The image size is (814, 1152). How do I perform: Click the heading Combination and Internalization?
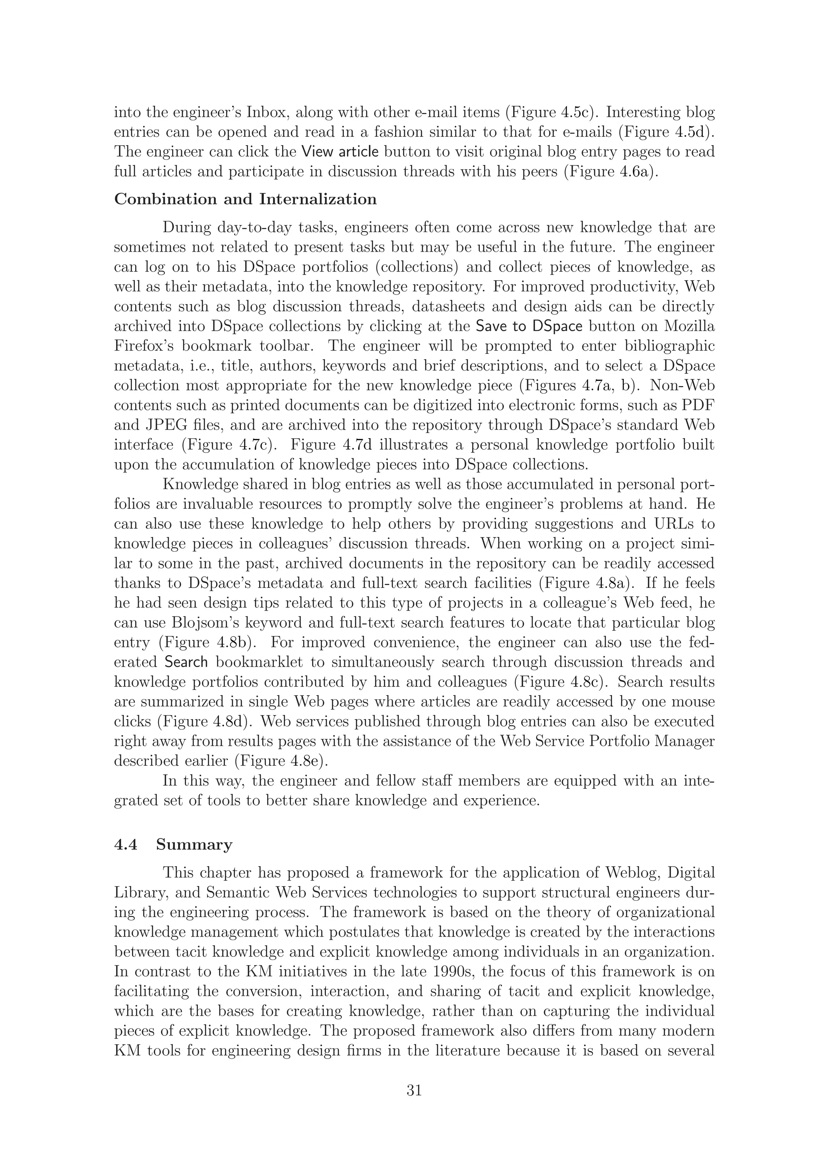245,199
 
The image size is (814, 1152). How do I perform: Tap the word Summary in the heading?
194,844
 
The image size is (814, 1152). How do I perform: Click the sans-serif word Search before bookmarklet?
186,662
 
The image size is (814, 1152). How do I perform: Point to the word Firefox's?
143,347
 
